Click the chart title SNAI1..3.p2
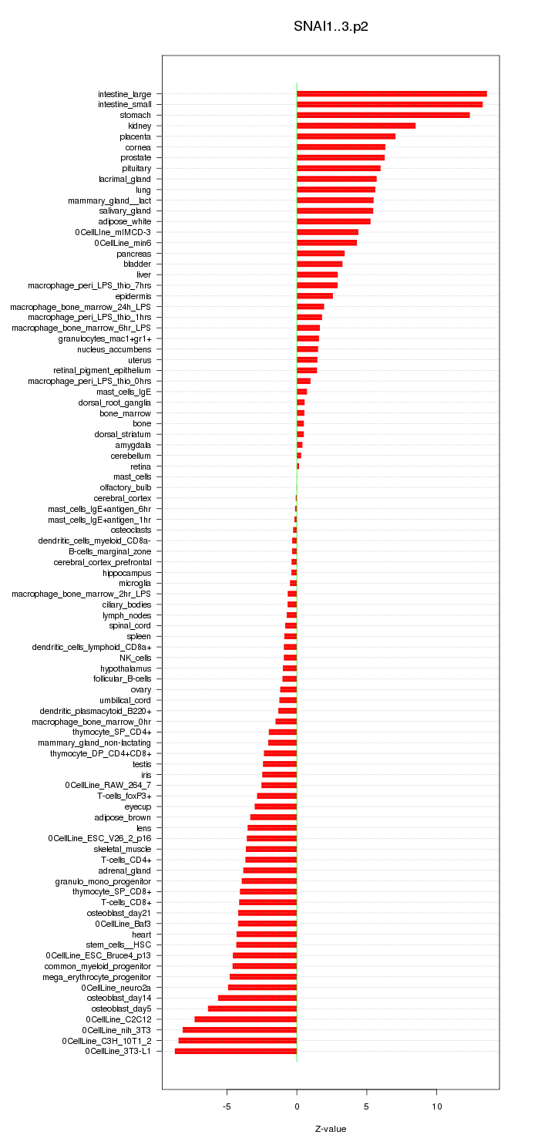331,27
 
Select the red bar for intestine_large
392,94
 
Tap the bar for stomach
383,115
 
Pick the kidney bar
356,126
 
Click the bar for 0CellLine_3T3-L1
236,1051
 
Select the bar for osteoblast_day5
252,1009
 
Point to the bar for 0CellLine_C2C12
246,1019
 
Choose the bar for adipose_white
334,221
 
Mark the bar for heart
267,934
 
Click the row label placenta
135,136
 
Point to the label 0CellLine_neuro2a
116,987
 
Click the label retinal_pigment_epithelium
102,370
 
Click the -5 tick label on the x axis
227,1106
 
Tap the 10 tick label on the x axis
436,1106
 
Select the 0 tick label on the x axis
297,1106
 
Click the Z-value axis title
331,1129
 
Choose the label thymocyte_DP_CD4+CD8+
101,753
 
